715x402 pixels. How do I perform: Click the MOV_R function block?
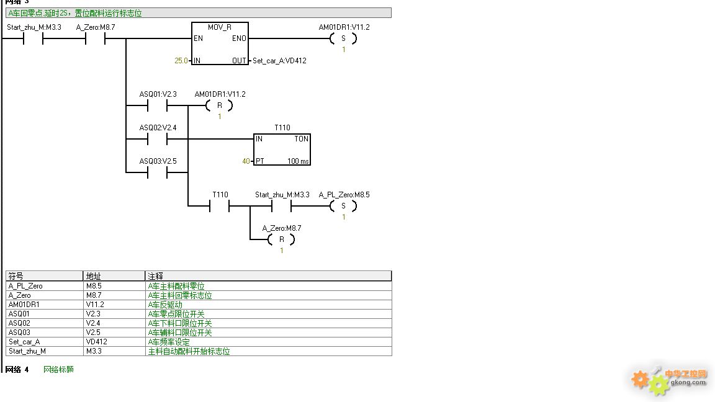pos(220,44)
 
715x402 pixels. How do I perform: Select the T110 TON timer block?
pos(282,150)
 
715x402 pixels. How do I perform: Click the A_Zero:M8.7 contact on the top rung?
pos(95,39)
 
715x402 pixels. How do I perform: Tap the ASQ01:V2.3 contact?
pos(157,106)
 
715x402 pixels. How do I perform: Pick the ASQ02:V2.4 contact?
pos(157,140)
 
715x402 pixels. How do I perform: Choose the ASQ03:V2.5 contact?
pos(157,172)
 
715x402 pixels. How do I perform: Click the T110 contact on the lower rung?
pos(219,207)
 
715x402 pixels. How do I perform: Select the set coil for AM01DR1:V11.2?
pos(343,38)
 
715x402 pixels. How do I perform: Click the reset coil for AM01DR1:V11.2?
pos(219,105)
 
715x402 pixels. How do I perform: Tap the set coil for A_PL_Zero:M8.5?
pos(343,206)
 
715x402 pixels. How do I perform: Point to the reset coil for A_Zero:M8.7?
pos(281,239)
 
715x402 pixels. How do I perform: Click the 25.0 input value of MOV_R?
pos(181,61)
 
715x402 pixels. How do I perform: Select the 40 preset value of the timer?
pos(246,161)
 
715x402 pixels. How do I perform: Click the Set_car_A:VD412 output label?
pos(279,61)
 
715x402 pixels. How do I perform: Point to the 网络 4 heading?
pos(17,370)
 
